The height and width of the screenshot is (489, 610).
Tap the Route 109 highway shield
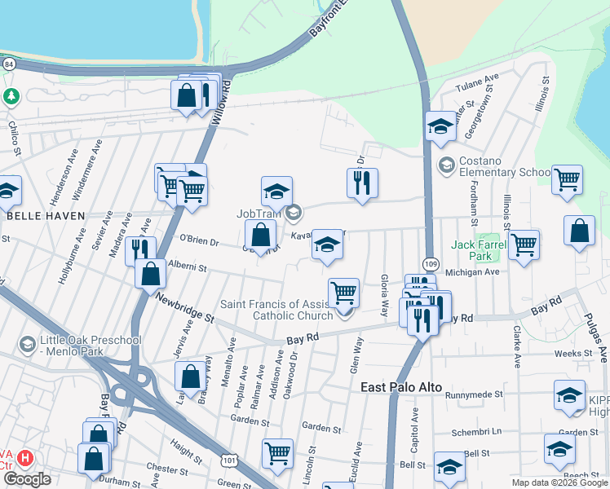click(431, 263)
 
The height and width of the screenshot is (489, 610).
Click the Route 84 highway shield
click(8, 63)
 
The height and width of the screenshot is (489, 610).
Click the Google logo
click(26, 479)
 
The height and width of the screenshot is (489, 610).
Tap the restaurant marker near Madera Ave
click(140, 249)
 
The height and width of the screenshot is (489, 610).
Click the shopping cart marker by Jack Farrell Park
click(524, 243)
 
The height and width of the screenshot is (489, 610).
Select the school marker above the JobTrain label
click(276, 191)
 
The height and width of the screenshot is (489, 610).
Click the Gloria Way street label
click(383, 293)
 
